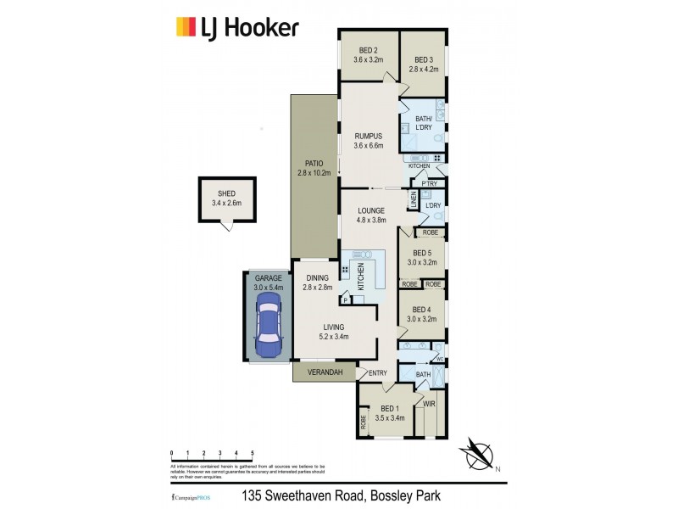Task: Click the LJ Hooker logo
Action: [236, 28]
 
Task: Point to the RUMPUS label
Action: [369, 136]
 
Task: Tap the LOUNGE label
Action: [371, 210]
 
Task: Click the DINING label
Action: [316, 278]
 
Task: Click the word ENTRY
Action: [378, 373]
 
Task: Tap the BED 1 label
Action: [390, 409]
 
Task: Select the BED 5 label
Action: [422, 253]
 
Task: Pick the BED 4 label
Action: [422, 310]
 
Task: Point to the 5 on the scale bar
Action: [253, 454]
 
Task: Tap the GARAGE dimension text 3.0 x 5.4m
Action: [269, 288]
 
